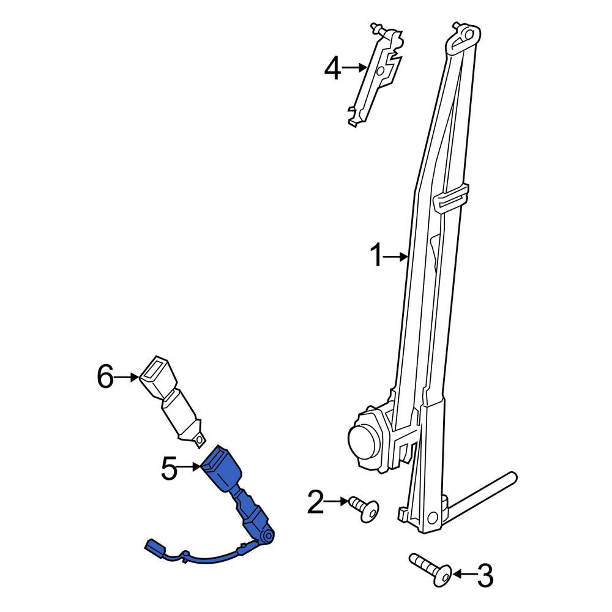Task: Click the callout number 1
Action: pos(376,255)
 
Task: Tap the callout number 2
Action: pos(316,502)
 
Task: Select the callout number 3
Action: pos(485,575)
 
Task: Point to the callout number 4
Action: pos(332,68)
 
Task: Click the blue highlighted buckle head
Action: pos(222,468)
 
